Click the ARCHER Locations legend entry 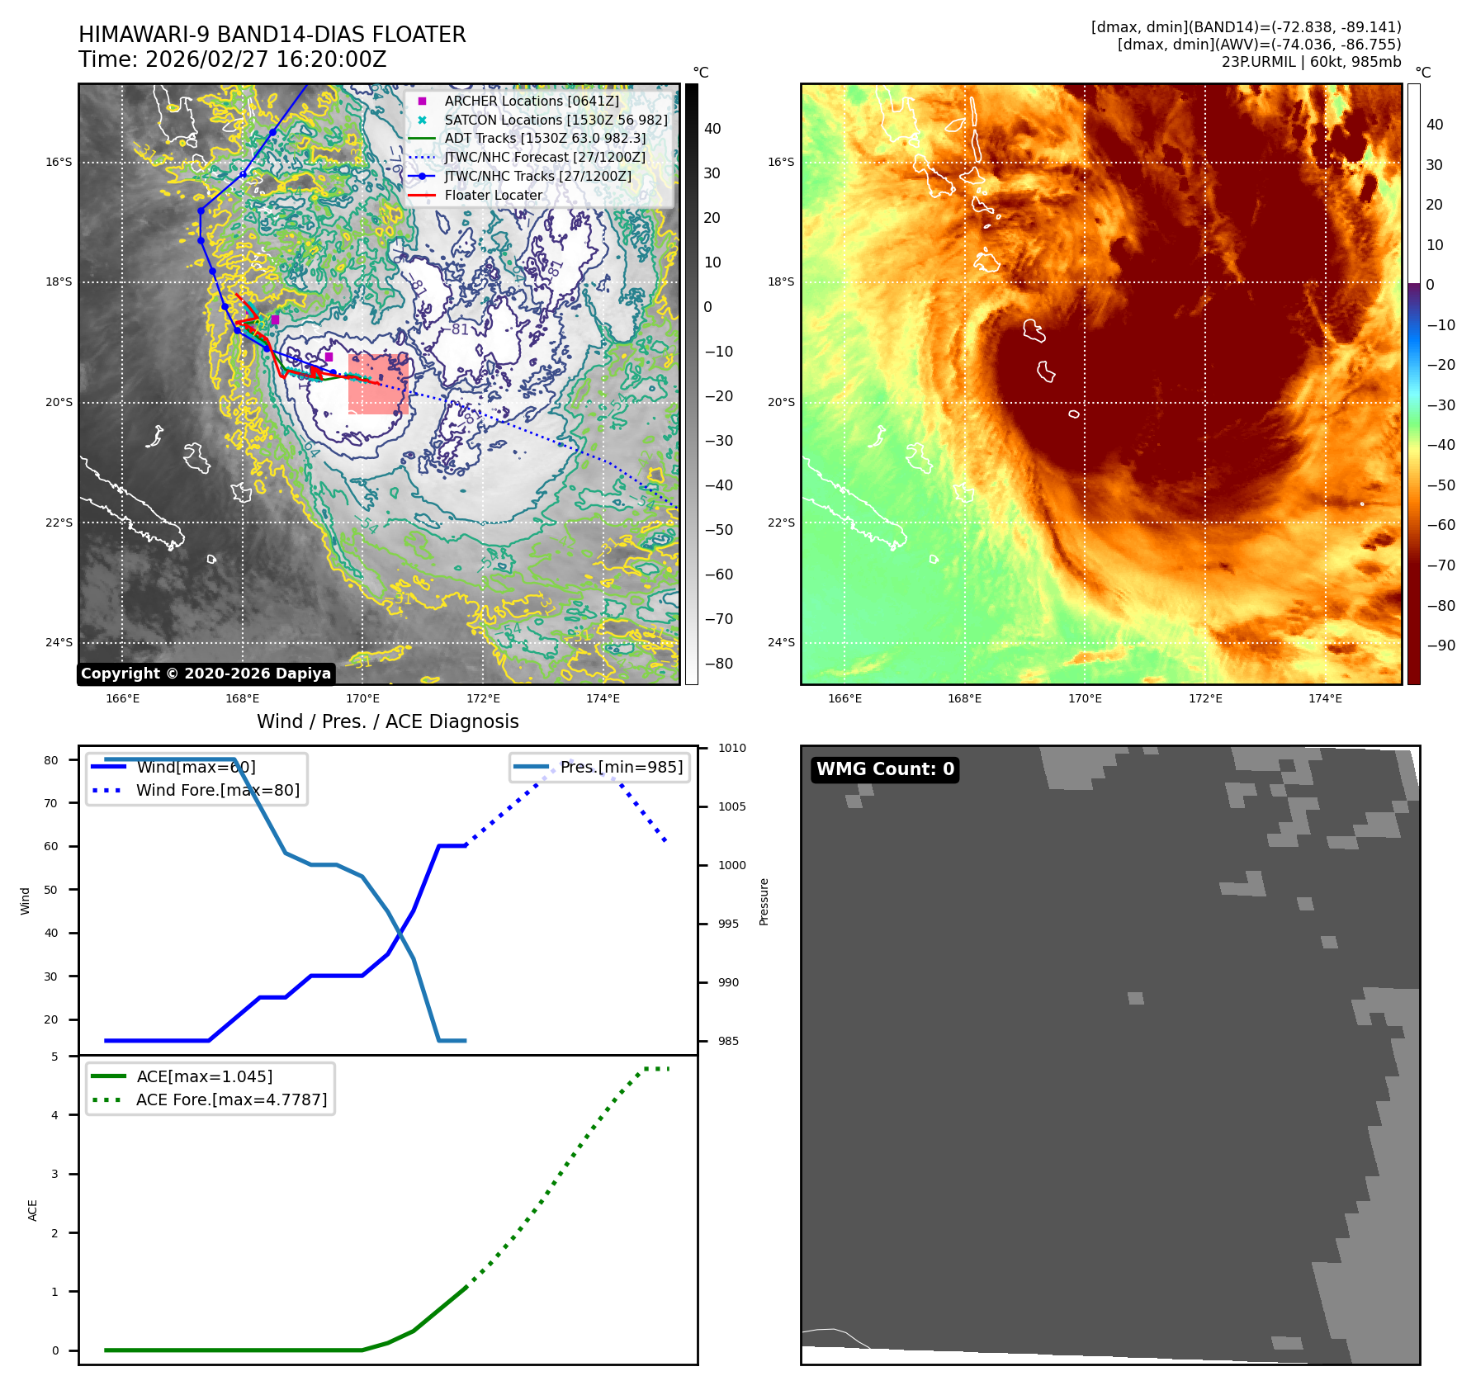531,101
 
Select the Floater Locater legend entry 493,196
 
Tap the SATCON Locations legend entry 556,120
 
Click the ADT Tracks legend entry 545,139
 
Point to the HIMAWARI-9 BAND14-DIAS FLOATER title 272,35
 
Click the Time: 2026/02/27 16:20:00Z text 232,59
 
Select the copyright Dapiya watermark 206,674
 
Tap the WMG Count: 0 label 885,769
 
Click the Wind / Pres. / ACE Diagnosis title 387,721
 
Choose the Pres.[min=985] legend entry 621,767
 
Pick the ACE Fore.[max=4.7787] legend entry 231,1099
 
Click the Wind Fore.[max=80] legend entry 218,790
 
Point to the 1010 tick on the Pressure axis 731,748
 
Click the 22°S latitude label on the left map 59,523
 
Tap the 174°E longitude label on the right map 1325,698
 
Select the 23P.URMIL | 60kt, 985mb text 1311,62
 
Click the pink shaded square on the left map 378,385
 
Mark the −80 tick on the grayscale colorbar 718,664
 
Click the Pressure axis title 764,901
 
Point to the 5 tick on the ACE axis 55,1057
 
